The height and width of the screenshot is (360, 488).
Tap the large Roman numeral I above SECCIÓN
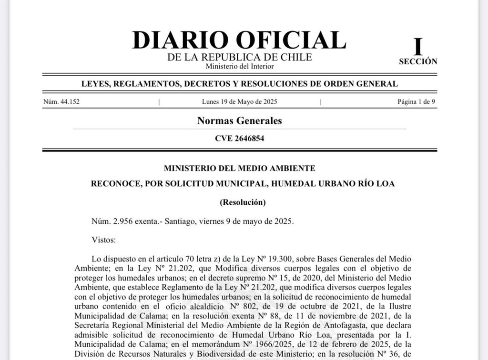point(418,47)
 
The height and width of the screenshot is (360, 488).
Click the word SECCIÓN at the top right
point(418,61)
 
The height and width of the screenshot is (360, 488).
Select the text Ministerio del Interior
point(239,66)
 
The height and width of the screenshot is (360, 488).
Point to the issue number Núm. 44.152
point(61,102)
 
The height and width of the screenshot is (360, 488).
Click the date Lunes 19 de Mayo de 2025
point(239,102)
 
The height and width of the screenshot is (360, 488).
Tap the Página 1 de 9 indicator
point(416,102)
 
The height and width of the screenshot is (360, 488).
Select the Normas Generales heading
point(239,121)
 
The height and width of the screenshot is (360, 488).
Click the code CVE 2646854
point(239,139)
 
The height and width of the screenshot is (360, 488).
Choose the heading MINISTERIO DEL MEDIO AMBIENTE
point(239,168)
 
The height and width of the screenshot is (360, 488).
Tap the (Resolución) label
point(242,202)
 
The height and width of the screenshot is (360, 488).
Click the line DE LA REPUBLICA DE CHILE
point(239,57)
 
